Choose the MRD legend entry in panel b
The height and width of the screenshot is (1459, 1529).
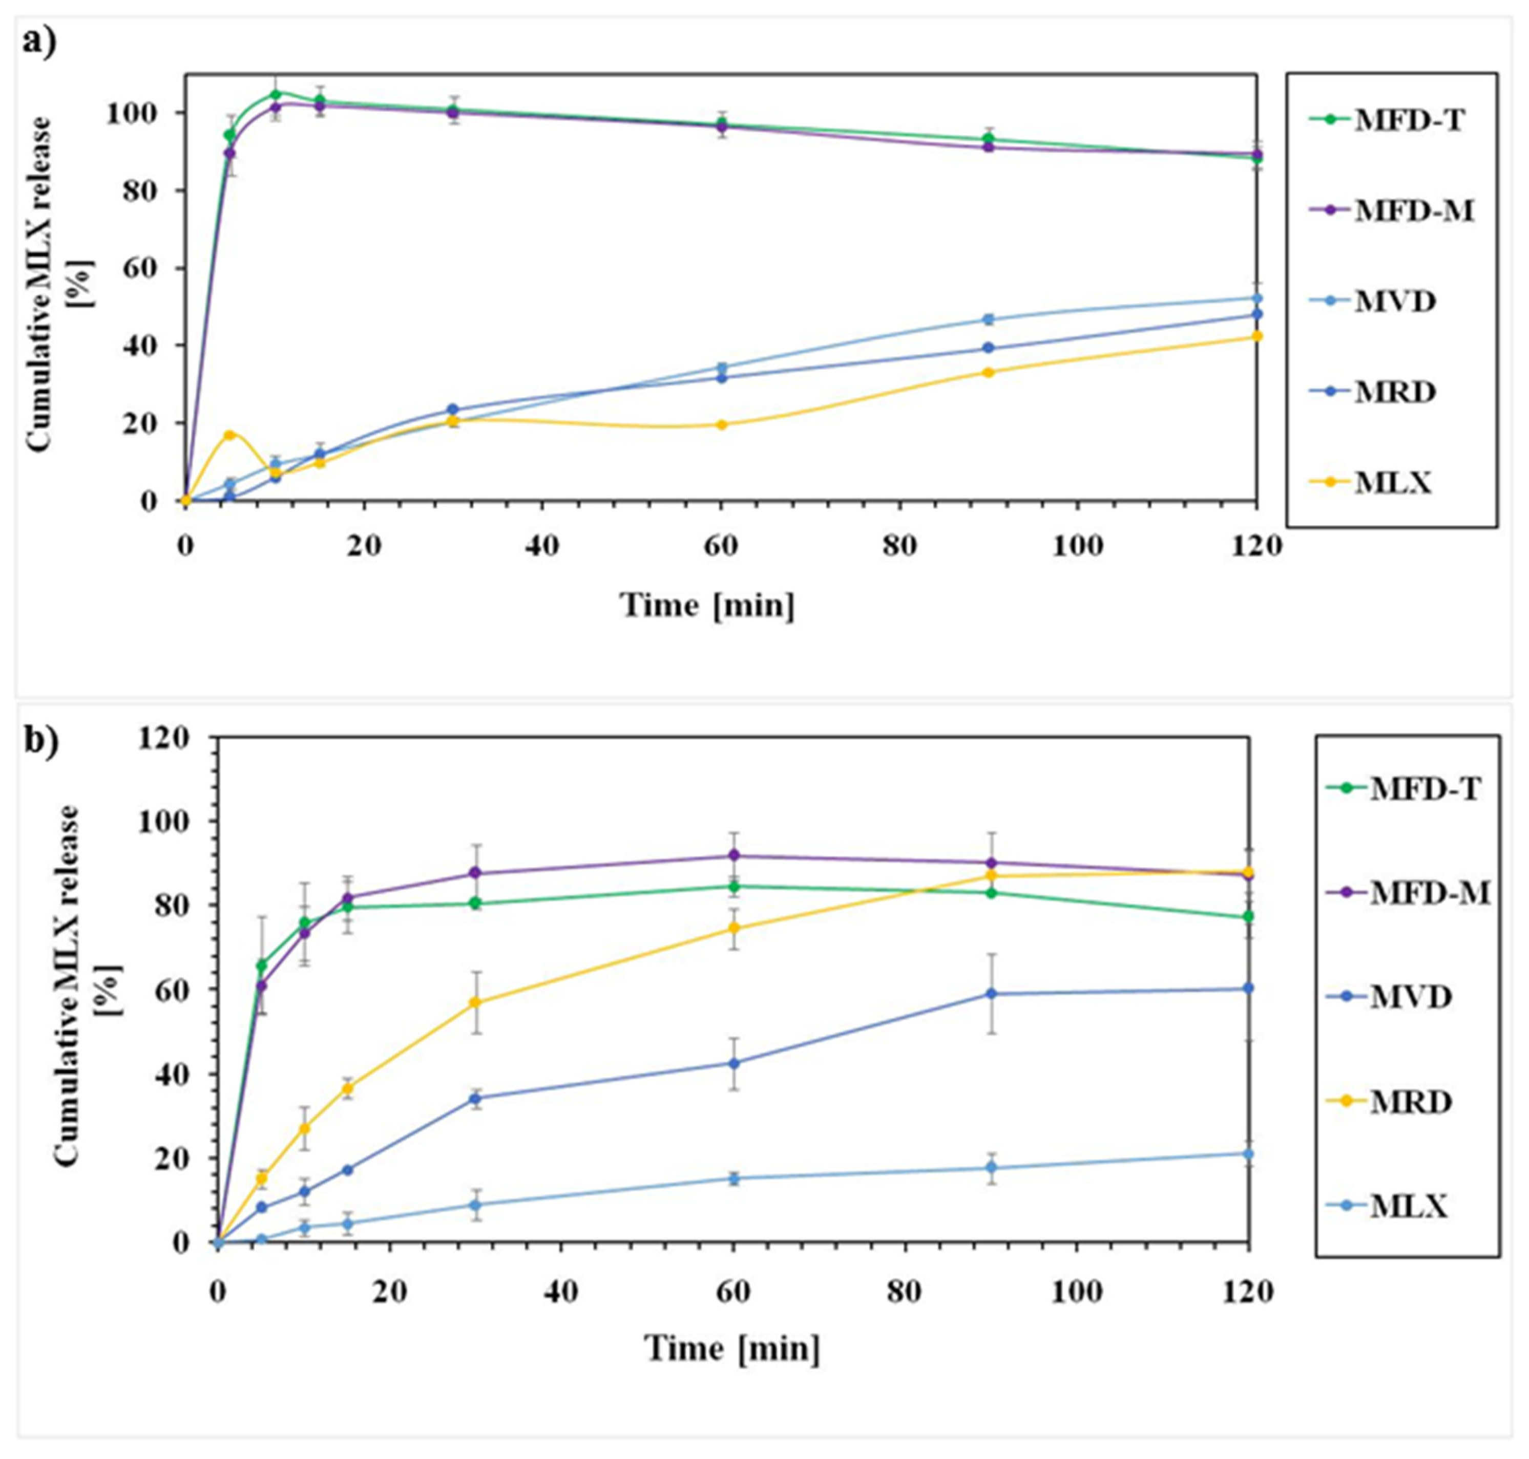[1390, 1102]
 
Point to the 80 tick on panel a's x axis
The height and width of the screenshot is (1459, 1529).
[899, 546]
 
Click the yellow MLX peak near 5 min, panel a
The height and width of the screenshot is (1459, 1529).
[229, 435]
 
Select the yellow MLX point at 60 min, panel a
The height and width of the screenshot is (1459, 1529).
[721, 424]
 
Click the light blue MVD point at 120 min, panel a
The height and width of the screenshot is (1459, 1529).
[1256, 298]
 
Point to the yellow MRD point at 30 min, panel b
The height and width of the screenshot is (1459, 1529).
[475, 1002]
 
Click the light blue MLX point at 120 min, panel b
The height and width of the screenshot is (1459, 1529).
[1249, 1153]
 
